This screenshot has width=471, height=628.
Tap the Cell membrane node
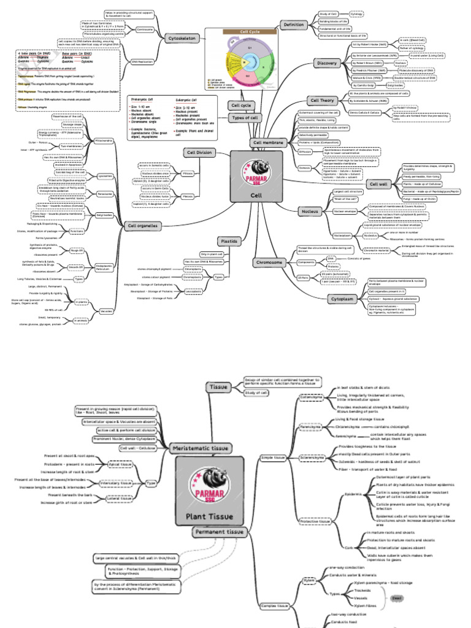tap(268, 142)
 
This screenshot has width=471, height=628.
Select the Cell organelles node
tap(142, 226)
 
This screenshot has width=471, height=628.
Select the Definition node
tap(293, 25)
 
